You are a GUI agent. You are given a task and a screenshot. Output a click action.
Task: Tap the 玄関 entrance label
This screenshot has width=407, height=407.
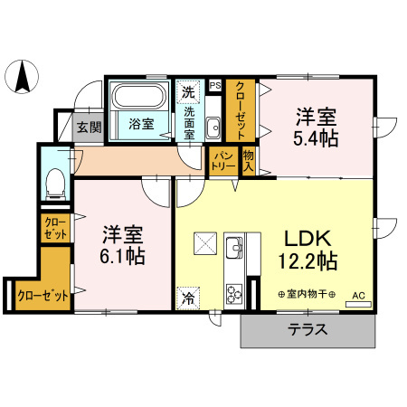tap(89, 128)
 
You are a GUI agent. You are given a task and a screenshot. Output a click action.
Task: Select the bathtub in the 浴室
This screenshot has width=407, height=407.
tap(138, 99)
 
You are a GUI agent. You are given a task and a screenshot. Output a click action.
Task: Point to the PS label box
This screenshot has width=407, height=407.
tap(215, 86)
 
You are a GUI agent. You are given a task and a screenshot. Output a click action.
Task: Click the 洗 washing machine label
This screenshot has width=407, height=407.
tap(188, 90)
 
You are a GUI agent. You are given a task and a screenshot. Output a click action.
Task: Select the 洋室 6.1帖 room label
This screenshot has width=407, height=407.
tap(121, 243)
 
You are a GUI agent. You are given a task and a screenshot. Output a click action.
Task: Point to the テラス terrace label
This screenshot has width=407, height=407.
tap(308, 330)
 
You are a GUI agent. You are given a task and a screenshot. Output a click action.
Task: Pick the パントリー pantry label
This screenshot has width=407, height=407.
tap(222, 163)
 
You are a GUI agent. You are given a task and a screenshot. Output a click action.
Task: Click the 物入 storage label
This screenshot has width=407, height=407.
tap(249, 162)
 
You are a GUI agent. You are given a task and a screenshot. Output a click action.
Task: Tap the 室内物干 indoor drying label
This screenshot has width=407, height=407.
tap(307, 295)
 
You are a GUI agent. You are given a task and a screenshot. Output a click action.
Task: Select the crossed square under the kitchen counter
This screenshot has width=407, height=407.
tap(204, 242)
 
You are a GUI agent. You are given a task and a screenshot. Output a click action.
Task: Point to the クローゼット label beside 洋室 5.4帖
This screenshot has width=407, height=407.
tap(240, 109)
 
